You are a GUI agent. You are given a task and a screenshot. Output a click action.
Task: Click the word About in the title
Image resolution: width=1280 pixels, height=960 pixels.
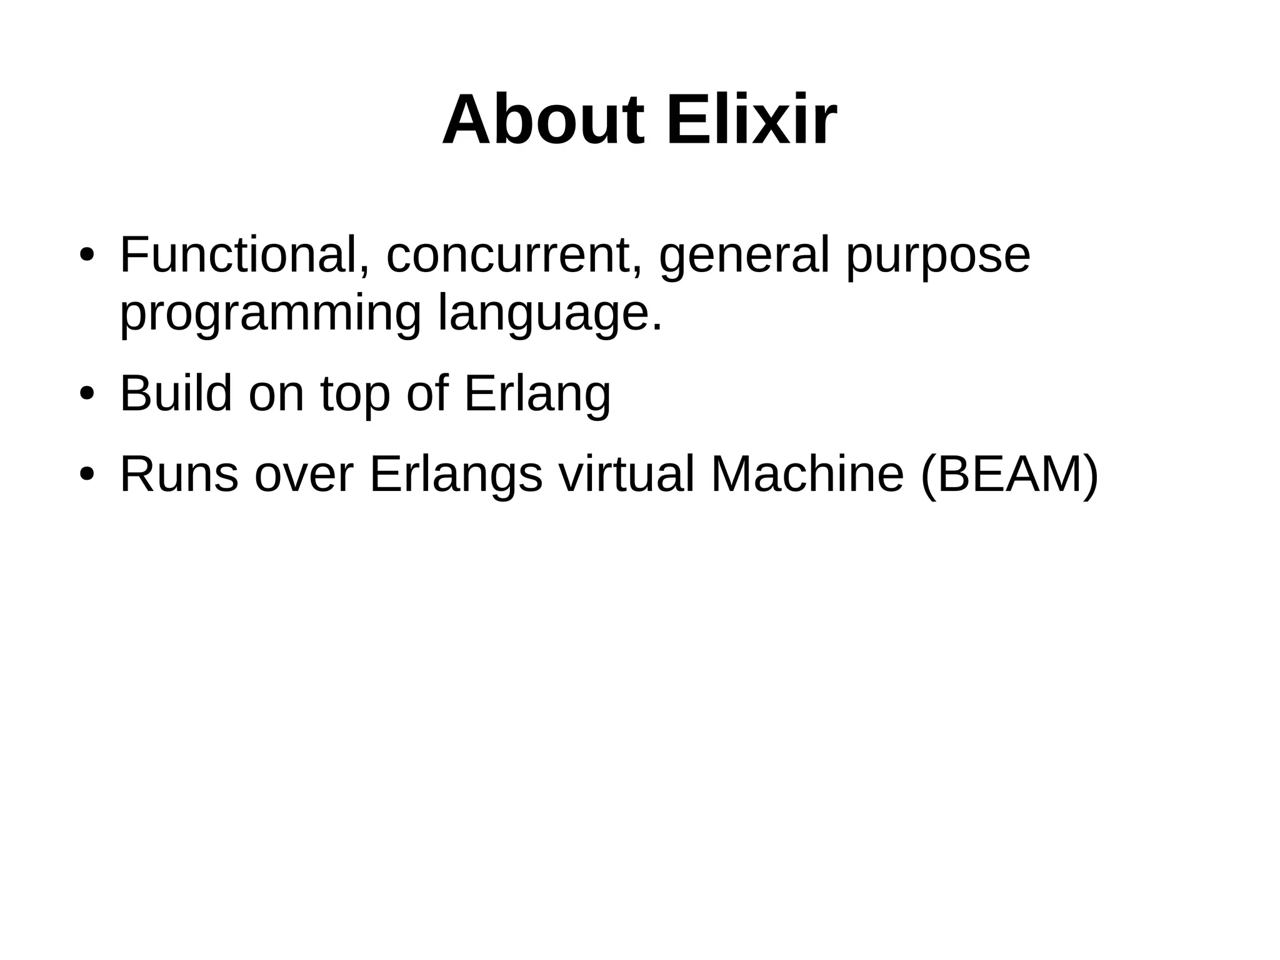tap(542, 120)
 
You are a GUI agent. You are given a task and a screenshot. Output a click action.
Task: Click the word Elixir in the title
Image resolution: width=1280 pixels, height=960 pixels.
tap(751, 120)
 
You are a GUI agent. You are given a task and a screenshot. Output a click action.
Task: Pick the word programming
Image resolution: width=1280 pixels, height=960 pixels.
tap(270, 315)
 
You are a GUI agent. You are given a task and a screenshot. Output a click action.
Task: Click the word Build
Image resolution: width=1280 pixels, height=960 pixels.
tap(176, 393)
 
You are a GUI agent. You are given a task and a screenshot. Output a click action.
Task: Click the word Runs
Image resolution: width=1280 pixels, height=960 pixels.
tap(179, 475)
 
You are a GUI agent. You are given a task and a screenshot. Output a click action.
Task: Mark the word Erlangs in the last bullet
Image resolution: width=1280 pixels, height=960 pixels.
tap(456, 475)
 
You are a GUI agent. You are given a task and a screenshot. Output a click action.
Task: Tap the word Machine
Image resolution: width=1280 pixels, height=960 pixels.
tap(807, 475)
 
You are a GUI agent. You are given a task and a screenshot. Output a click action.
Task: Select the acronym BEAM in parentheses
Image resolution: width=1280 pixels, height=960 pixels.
tap(1008, 475)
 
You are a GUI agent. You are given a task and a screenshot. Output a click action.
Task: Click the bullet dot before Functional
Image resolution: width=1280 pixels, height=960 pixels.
tap(87, 256)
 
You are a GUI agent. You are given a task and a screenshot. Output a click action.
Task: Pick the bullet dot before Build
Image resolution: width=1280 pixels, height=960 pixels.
tap(87, 395)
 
